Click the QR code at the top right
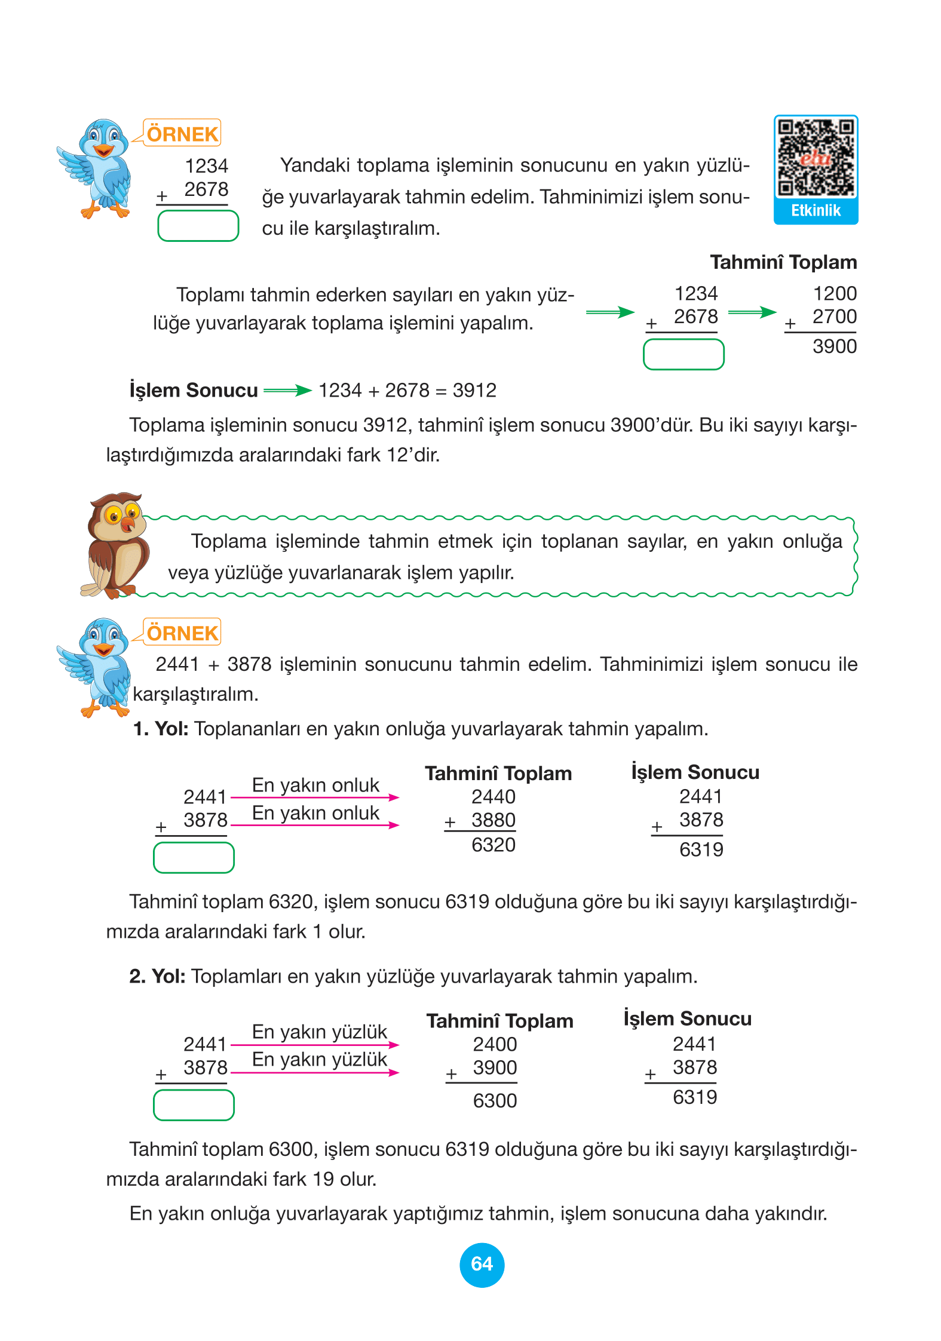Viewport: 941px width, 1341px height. point(816,158)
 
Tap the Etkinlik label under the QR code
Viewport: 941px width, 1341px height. point(816,211)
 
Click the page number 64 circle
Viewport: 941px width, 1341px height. point(482,1264)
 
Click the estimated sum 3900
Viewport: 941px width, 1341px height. point(834,346)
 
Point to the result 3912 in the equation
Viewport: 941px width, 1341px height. point(474,391)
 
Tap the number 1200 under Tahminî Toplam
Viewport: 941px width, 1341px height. point(834,293)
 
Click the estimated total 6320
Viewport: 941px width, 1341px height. point(493,845)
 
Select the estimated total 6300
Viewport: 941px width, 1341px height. point(495,1100)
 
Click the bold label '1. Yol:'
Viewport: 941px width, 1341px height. point(160,729)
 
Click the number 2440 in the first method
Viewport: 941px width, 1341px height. point(493,797)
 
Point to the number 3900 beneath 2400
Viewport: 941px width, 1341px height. point(495,1067)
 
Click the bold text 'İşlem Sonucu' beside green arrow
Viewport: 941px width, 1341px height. point(194,391)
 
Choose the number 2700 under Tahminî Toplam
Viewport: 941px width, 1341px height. point(834,317)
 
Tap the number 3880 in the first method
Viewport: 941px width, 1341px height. point(493,820)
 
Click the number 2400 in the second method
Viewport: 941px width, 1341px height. point(495,1044)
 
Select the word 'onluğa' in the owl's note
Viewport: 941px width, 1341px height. point(812,541)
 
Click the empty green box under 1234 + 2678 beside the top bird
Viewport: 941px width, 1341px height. point(198,226)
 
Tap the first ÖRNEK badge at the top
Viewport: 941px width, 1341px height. point(182,134)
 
